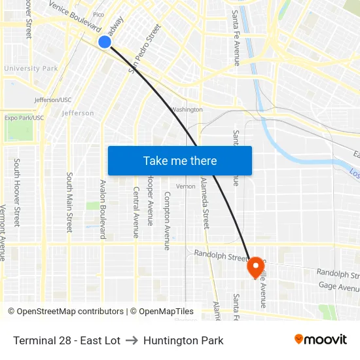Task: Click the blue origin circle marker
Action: (x=105, y=42)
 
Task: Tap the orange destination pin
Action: (x=255, y=266)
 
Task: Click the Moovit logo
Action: (x=321, y=340)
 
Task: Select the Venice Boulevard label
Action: (x=75, y=18)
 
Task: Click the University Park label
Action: (x=31, y=68)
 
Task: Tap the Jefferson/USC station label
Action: (x=53, y=100)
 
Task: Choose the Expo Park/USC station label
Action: (x=24, y=118)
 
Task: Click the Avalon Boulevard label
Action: (x=103, y=209)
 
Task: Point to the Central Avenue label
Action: (x=136, y=212)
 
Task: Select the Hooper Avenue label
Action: (x=151, y=200)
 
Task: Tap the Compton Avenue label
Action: (x=168, y=221)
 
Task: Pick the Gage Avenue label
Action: (x=338, y=287)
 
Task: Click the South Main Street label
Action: (x=69, y=202)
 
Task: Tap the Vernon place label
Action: (x=186, y=187)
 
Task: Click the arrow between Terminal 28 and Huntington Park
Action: (x=132, y=340)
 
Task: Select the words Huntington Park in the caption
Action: (x=183, y=340)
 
